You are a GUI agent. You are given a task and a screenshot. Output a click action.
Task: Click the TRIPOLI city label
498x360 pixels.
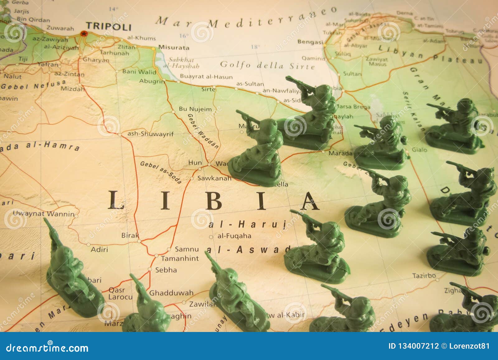(x=109, y=26)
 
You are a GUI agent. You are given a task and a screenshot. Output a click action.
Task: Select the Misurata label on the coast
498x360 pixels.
(x=174, y=48)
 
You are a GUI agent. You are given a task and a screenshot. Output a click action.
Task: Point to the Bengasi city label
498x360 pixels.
(x=310, y=42)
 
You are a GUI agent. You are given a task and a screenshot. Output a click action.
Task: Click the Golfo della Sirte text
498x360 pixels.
(x=267, y=65)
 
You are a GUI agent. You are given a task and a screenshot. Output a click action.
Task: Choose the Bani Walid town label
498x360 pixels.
(x=139, y=72)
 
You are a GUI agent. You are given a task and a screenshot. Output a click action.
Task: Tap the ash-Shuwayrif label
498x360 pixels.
(x=151, y=134)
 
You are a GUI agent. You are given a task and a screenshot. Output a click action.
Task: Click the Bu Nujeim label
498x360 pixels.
(x=195, y=109)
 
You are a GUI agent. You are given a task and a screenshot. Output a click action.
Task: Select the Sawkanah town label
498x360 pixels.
(x=215, y=178)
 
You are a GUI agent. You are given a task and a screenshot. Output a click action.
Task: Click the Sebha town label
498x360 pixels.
(x=166, y=270)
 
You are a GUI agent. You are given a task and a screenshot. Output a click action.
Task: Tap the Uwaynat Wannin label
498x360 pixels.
(x=44, y=214)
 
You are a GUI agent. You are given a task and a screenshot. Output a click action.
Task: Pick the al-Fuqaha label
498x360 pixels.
(x=234, y=236)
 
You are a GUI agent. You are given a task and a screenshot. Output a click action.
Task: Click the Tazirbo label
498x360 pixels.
(x=424, y=276)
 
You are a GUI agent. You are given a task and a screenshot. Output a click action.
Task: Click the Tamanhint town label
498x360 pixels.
(x=180, y=258)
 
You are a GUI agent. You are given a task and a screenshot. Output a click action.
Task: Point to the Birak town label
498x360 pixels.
(x=130, y=235)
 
